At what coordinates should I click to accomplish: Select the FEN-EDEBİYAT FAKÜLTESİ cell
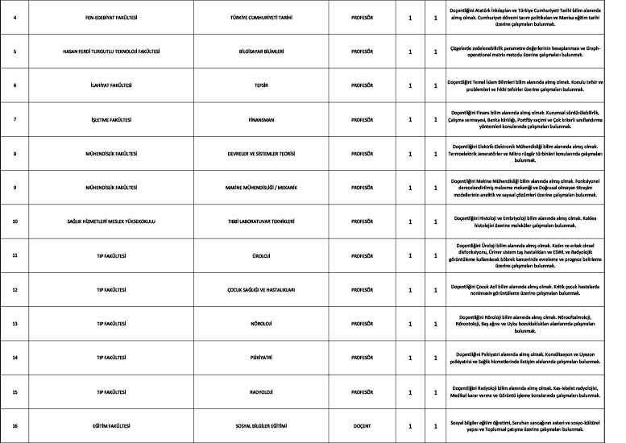point(112,17)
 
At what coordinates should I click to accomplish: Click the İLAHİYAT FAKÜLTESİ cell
point(112,85)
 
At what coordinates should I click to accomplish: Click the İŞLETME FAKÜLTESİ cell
point(112,120)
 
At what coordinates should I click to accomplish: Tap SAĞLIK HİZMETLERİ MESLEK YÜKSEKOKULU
point(112,221)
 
